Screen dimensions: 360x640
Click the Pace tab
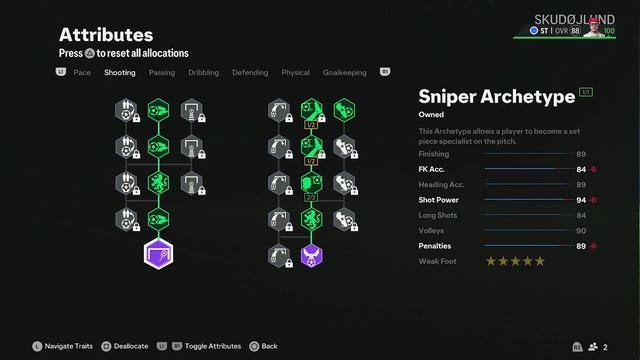pos(82,73)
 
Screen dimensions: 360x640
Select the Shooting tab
pos(120,73)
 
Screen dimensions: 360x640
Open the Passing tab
pos(162,73)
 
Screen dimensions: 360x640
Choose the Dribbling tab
pos(204,73)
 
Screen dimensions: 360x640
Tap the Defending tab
pos(250,73)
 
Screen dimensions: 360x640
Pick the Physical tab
pos(295,73)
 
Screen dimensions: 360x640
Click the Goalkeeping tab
pos(344,73)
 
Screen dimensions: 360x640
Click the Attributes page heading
pos(106,35)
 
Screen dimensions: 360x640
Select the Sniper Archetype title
pos(496,96)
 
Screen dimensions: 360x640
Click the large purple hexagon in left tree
pos(158,254)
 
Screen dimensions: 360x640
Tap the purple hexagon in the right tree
pos(311,255)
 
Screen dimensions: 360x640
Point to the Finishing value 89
pos(581,154)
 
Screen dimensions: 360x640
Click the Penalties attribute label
pos(435,246)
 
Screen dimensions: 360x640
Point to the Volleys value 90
pos(581,231)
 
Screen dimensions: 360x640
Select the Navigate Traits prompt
pos(69,346)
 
